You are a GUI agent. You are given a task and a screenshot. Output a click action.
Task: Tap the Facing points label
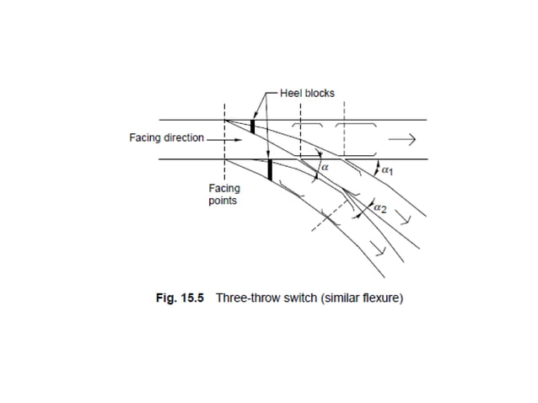click(x=223, y=195)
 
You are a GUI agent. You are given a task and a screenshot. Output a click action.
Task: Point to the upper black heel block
click(x=252, y=126)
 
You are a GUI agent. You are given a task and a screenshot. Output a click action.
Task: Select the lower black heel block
click(x=270, y=169)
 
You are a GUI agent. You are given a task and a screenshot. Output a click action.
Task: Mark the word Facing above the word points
click(x=223, y=189)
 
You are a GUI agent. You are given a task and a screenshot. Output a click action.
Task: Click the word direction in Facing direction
click(x=184, y=137)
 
